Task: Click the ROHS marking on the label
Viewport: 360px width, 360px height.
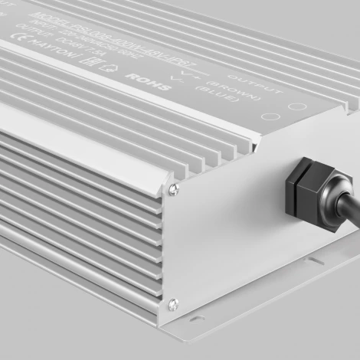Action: click(x=140, y=80)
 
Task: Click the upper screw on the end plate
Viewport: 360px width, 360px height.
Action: click(x=175, y=189)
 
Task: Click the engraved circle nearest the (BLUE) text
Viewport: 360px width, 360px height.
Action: click(x=268, y=119)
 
